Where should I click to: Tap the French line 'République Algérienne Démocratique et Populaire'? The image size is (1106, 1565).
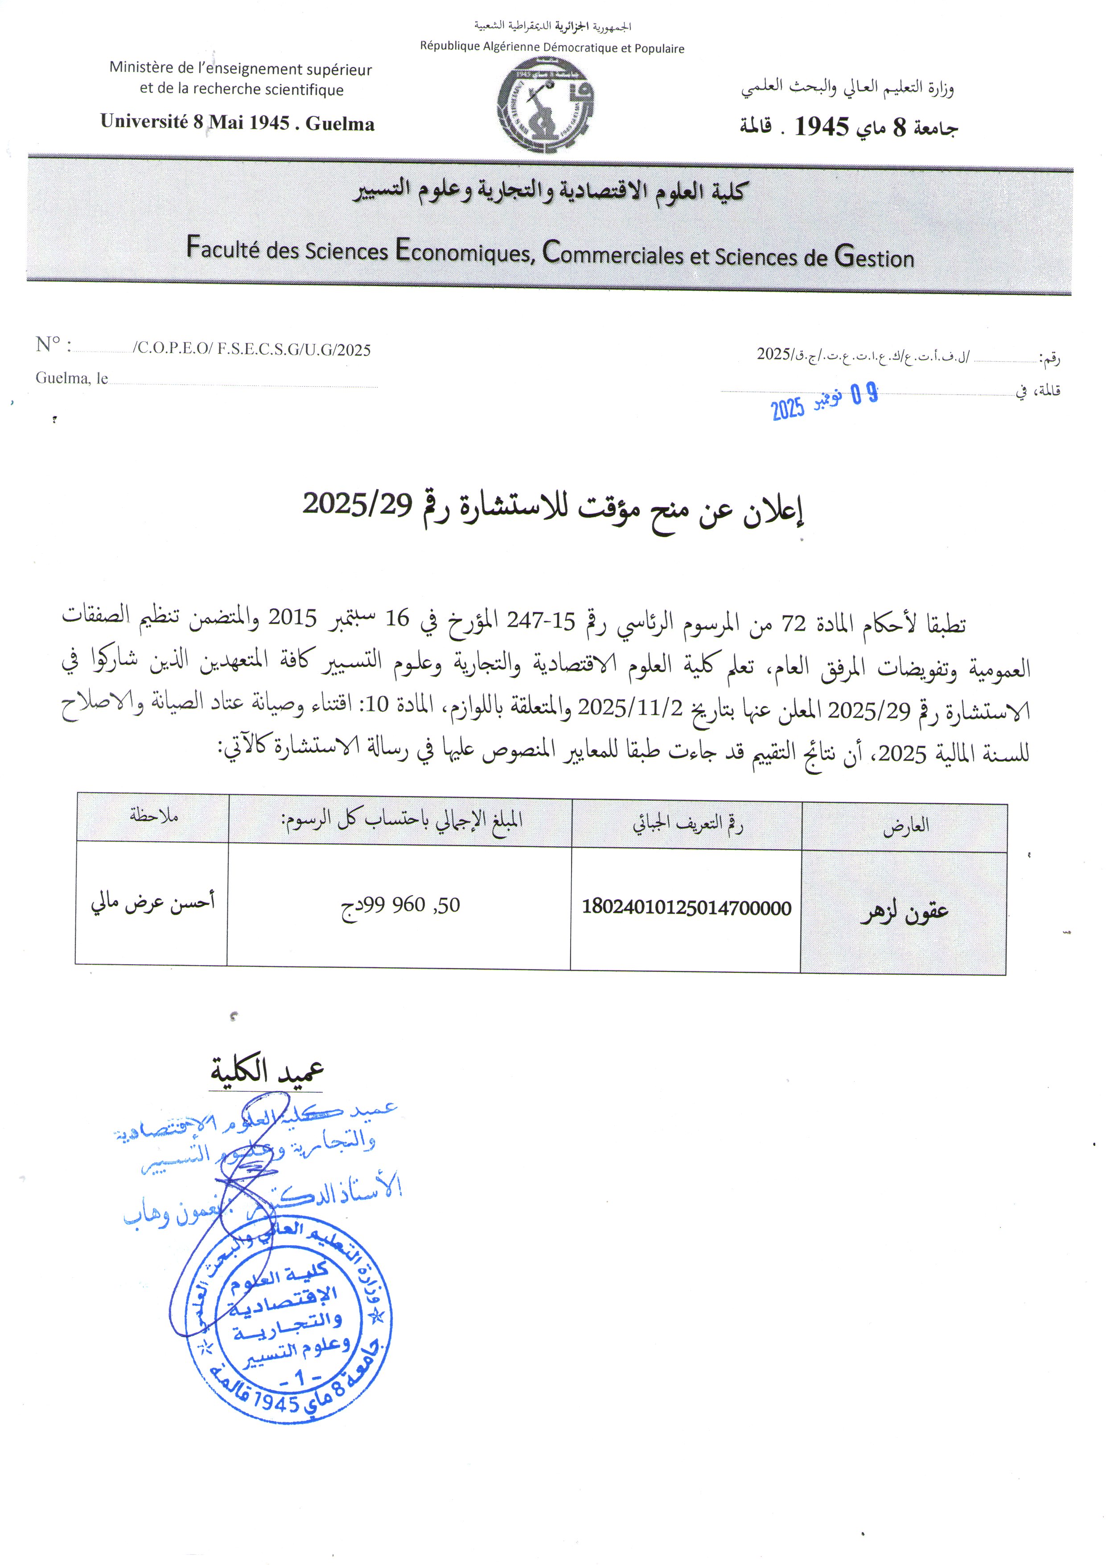pos(551,48)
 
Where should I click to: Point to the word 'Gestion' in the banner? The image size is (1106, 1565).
pos(874,256)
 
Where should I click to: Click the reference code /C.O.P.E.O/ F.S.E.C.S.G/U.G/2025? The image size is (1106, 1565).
pos(252,350)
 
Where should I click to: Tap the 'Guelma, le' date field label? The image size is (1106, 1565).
pos(72,378)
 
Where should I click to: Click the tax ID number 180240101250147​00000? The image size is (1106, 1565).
pos(686,907)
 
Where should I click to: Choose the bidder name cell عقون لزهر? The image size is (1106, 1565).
pos(904,911)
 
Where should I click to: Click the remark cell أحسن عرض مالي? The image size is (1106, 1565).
pos(152,902)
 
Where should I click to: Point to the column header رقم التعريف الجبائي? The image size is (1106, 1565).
pos(687,824)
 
